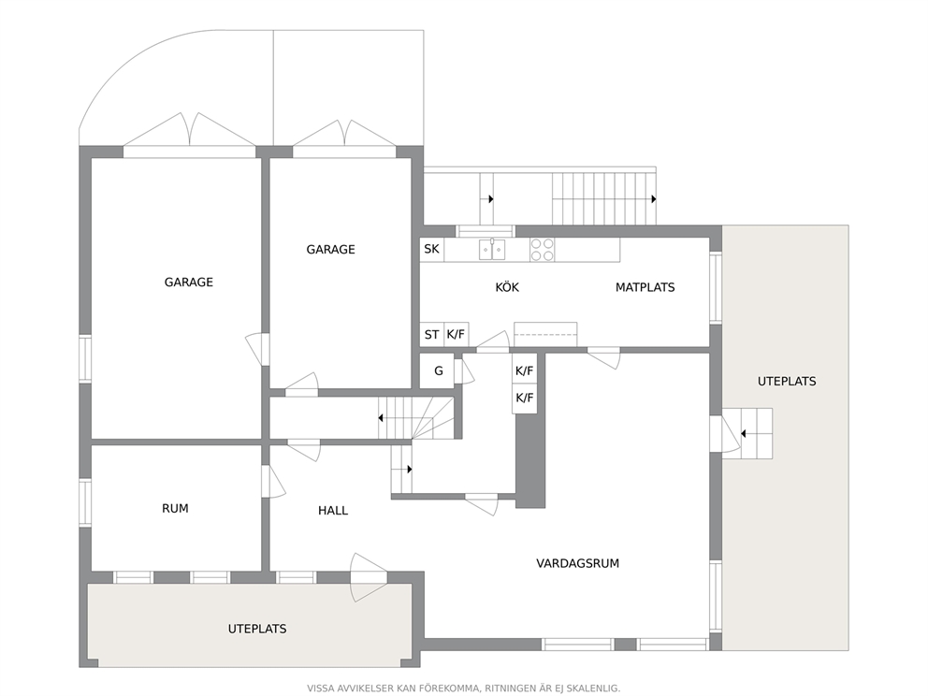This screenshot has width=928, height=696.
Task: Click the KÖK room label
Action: tap(507, 287)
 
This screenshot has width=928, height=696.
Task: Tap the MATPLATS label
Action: tap(645, 287)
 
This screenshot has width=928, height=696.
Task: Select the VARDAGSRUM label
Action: tap(577, 563)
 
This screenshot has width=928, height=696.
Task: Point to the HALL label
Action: tap(333, 510)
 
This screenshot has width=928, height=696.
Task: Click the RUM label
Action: tap(175, 508)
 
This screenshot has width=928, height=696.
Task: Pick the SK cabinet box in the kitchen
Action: tap(432, 249)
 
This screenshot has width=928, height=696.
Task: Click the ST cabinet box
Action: tap(432, 334)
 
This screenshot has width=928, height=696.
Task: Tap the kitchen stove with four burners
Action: tap(543, 249)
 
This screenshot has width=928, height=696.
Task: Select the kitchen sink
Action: tap(492, 249)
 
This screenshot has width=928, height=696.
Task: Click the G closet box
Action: tap(438, 371)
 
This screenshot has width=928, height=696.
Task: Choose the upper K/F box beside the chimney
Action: tap(525, 371)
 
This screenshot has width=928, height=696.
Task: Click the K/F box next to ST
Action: tap(457, 334)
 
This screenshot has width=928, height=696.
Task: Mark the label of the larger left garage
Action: tap(189, 283)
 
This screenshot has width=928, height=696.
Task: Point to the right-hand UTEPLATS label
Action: tap(787, 381)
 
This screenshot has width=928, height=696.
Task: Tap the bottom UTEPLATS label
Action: tap(257, 629)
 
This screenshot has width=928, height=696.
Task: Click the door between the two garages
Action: tap(257, 349)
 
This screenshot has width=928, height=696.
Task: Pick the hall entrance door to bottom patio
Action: tap(369, 577)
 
